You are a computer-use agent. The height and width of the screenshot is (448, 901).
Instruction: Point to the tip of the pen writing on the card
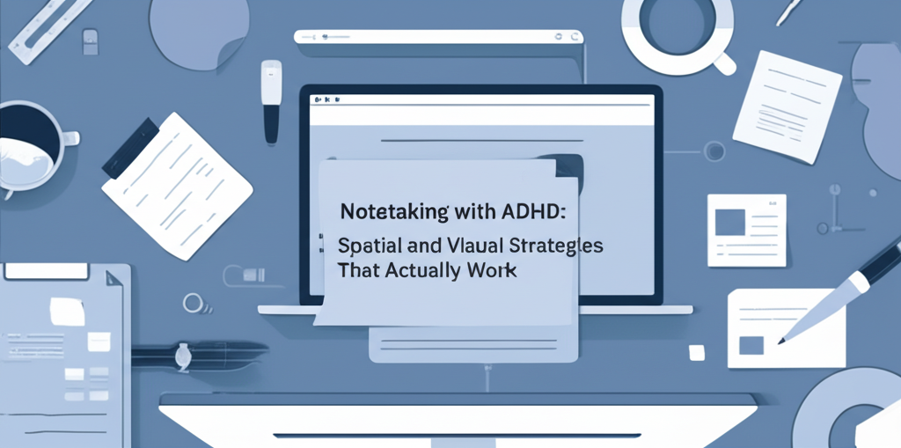point(781,338)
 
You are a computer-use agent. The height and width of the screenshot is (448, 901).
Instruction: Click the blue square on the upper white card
point(729,223)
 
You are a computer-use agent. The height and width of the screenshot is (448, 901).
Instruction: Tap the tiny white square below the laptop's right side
point(697,351)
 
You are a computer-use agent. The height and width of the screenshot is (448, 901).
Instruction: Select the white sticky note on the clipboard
point(67,310)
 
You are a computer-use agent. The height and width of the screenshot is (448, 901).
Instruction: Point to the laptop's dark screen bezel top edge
point(480,89)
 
